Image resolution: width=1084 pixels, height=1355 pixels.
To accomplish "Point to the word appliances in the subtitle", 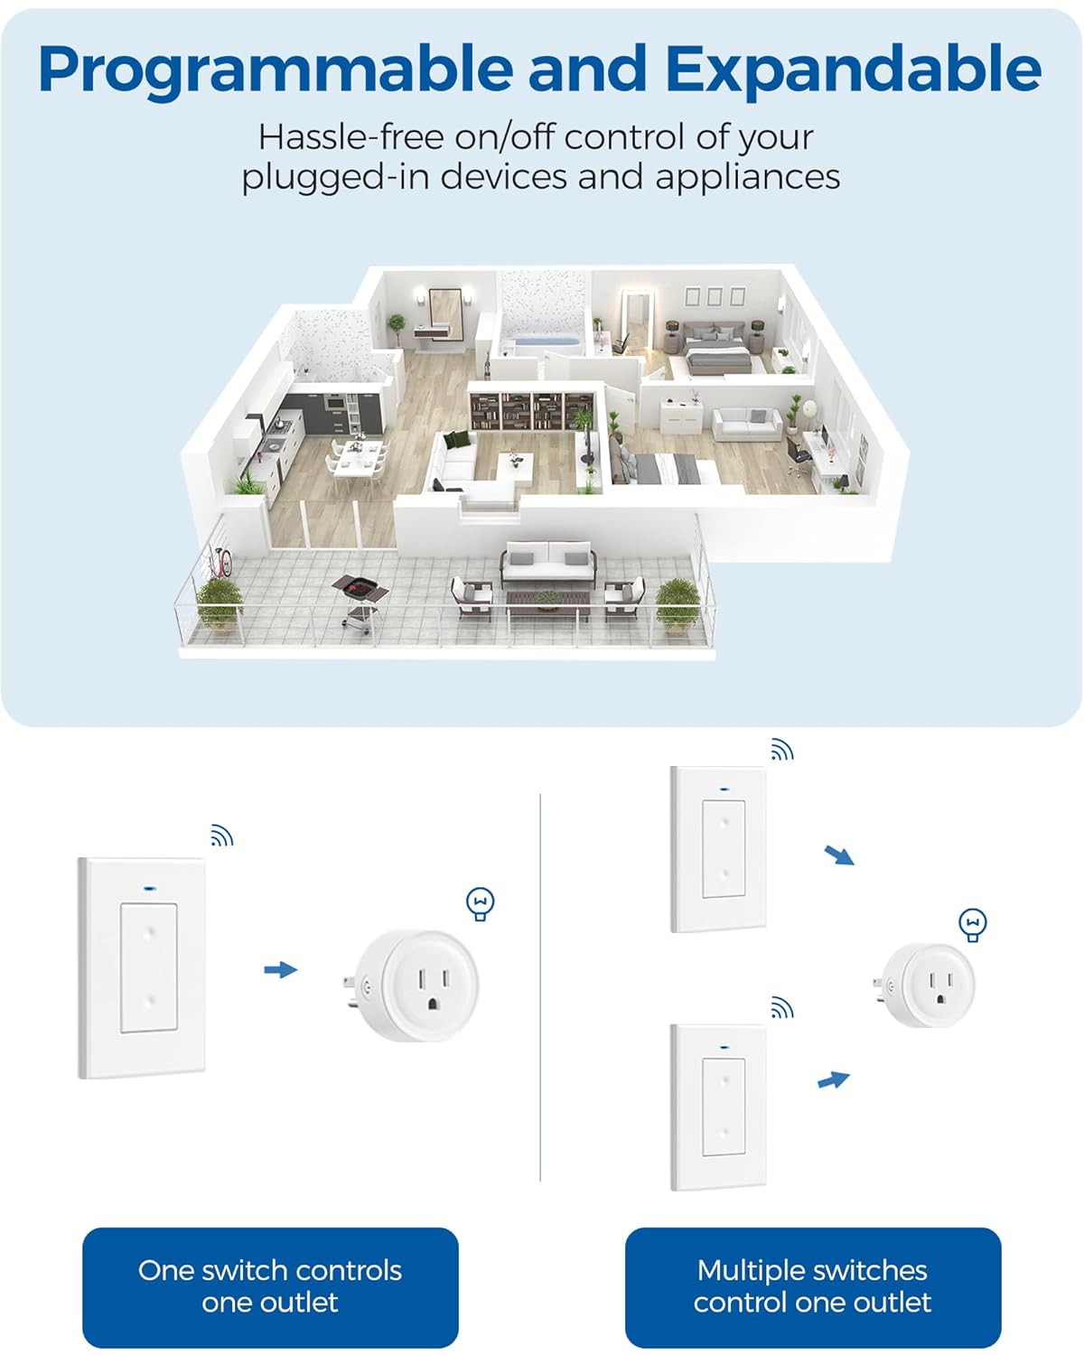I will pos(748,176).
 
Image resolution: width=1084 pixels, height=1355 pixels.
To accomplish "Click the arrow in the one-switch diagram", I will pos(281,969).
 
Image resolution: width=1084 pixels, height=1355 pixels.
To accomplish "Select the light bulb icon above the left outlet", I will pos(481,903).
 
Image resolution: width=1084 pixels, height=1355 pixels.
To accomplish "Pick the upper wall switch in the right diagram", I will pos(719,848).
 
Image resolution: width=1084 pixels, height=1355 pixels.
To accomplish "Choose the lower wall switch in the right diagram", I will pos(719,1107).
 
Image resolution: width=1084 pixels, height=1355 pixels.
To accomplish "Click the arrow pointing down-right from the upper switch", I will pos(839,855).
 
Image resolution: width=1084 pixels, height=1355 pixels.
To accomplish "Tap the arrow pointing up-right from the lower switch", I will pos(834,1079).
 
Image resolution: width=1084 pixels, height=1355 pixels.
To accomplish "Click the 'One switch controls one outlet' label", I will pos(270,1286).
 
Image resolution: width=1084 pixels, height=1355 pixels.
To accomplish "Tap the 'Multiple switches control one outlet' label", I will pos(812,1286).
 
